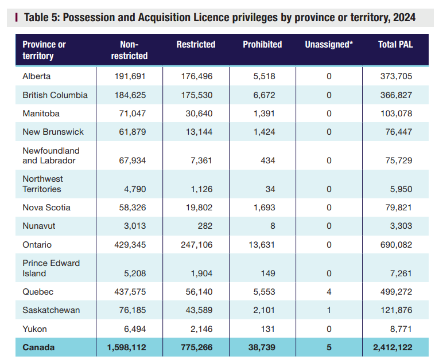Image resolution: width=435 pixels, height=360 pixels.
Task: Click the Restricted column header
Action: coord(196,44)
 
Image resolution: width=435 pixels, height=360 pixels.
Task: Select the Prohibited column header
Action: coord(262,44)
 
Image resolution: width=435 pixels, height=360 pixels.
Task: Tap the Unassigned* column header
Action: coord(329,44)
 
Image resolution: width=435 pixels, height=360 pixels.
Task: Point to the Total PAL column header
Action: coord(395,44)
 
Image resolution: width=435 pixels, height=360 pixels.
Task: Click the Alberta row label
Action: coord(37,76)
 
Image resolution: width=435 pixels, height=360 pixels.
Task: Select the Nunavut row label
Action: coord(39,226)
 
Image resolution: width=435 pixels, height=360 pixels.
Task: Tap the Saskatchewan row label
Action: coord(51,310)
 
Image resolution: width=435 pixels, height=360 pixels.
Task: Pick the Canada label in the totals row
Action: coord(38,347)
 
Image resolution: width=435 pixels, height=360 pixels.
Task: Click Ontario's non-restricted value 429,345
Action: coord(130,245)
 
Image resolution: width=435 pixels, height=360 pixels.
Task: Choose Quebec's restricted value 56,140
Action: coord(199,292)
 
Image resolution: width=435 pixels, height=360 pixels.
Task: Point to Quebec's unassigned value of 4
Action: coord(329,292)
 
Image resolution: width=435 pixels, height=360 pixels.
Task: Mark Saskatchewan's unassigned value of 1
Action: coord(329,310)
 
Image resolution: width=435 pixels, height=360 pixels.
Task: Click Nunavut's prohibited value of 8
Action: coord(273,226)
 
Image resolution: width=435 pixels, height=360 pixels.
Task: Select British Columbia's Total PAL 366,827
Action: coord(396,95)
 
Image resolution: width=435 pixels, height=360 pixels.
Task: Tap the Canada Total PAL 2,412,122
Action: coord(393,347)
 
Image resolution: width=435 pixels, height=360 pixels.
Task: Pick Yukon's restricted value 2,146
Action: coord(201,329)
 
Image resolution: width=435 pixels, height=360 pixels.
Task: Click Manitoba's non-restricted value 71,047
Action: coord(133,114)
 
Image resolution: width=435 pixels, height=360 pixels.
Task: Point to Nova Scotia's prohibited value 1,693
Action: coord(265,208)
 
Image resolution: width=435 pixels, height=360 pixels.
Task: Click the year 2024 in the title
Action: coord(404,17)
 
